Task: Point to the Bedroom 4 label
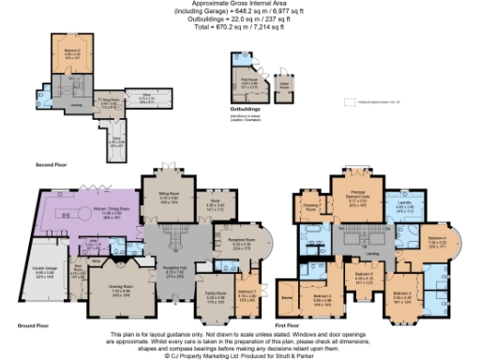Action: [437, 241]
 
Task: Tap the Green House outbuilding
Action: [283, 82]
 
